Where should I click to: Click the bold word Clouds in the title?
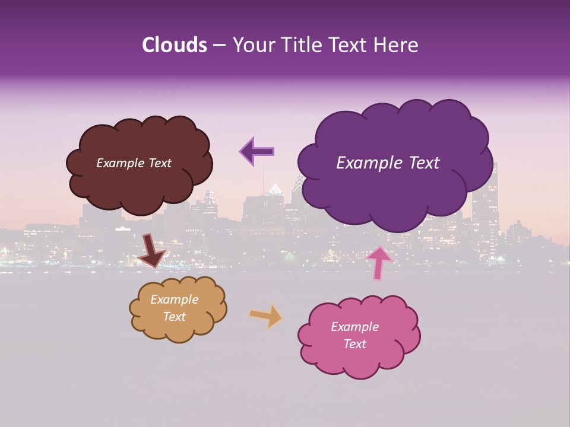click(175, 45)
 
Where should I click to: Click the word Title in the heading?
click(300, 45)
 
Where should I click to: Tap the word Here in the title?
click(397, 45)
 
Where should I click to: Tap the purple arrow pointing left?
click(257, 151)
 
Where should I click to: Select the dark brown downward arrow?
click(152, 250)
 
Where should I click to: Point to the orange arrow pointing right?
click(266, 316)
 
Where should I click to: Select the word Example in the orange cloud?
click(174, 299)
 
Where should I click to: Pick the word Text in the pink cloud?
click(355, 344)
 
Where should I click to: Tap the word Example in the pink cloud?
click(354, 327)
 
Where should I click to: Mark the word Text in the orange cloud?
click(175, 317)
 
